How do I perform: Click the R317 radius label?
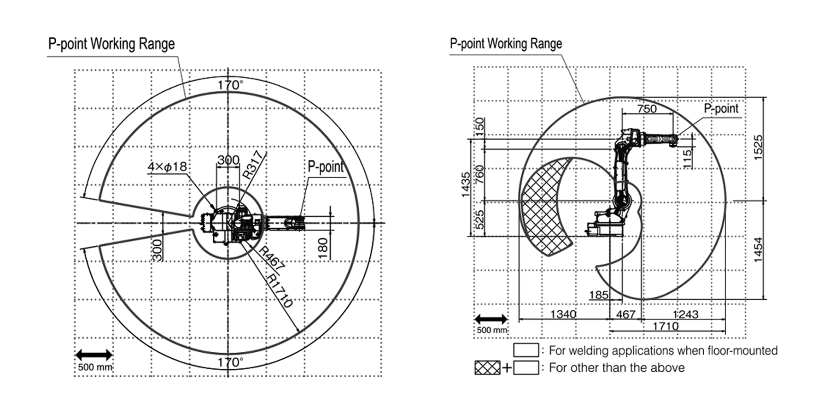(255, 165)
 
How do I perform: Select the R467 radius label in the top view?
(271, 258)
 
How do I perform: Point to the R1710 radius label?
(280, 291)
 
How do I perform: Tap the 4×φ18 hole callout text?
(167, 166)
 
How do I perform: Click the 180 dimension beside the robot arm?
(323, 248)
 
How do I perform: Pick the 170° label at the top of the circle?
(230, 85)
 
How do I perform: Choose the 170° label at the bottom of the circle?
(230, 362)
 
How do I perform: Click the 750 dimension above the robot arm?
(647, 109)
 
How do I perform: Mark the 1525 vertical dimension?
(758, 148)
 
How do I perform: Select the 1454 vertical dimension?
(758, 249)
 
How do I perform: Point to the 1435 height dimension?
(466, 184)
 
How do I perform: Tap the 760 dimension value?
(479, 175)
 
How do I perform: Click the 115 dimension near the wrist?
(687, 158)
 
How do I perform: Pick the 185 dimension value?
(599, 295)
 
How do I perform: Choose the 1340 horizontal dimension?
(563, 314)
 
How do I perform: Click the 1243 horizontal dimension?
(685, 314)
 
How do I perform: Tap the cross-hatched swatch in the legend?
(487, 368)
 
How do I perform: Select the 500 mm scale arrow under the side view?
(491, 319)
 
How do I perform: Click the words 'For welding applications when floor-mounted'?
(663, 350)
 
